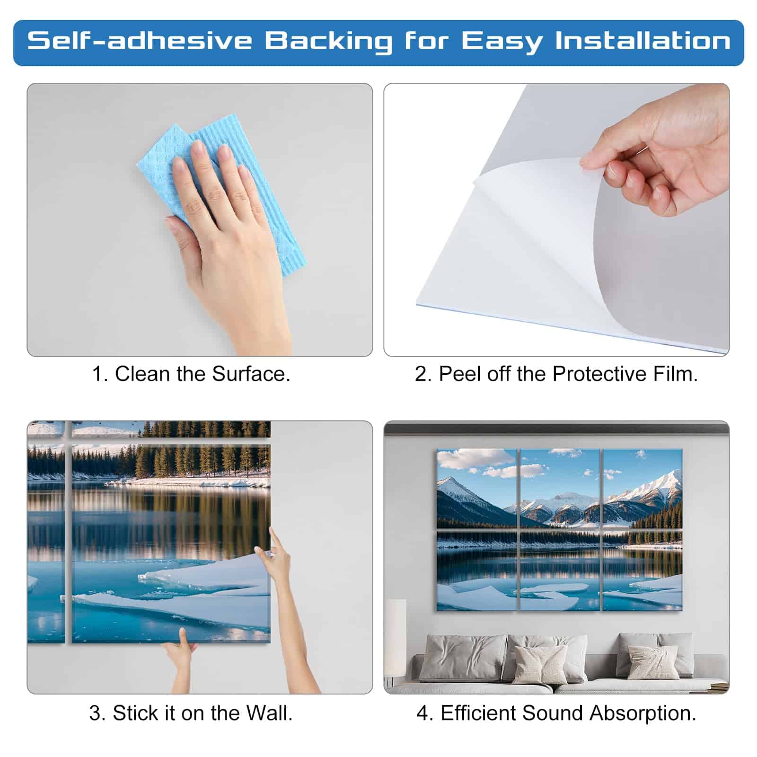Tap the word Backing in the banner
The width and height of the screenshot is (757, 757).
tap(328, 42)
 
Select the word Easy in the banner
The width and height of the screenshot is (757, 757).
tap(502, 42)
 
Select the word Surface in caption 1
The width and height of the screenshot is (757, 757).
tap(251, 374)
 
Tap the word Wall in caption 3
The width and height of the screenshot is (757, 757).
tap(267, 713)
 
